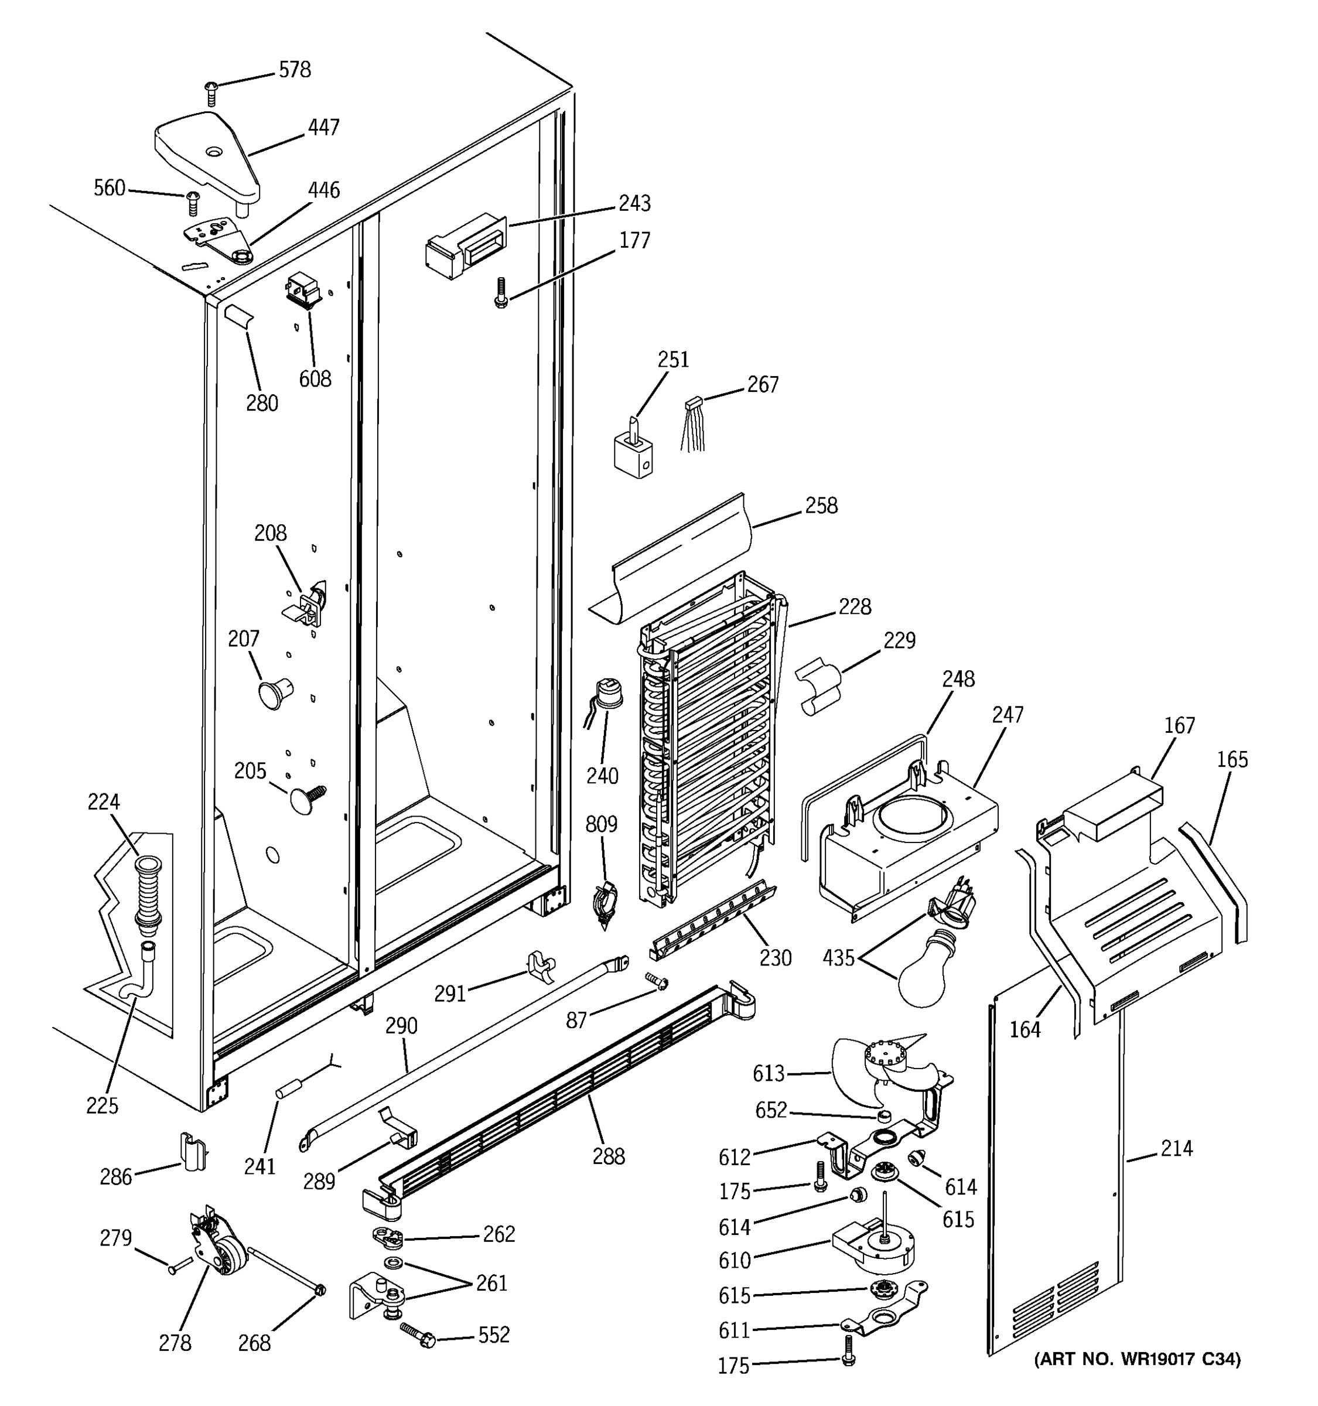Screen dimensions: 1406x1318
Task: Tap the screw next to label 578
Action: (210, 93)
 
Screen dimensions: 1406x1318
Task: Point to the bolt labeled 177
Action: (501, 293)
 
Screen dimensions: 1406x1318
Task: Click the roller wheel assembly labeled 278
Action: (221, 1250)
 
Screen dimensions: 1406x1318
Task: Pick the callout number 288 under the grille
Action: (608, 1156)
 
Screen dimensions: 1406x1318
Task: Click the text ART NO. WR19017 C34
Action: (1137, 1359)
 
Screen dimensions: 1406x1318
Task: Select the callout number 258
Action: (820, 505)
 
